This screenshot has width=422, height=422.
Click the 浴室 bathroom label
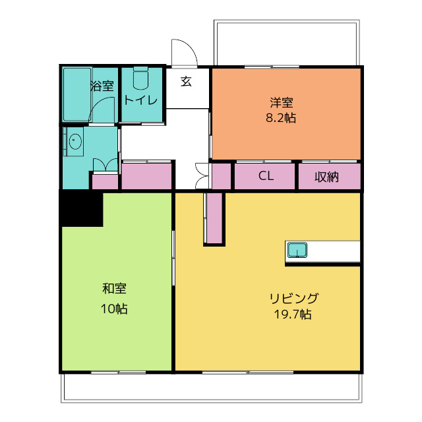coord(102,86)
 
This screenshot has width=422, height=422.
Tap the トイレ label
coord(140,100)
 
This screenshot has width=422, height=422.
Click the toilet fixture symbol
coord(140,78)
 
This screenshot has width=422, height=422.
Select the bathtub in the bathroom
coord(77,94)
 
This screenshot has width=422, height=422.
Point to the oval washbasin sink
coord(75,141)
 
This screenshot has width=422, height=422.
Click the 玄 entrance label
coord(186,81)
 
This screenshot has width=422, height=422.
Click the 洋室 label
coord(282,102)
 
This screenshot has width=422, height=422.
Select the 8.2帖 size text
coord(281,118)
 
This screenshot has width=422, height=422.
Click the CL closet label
coord(266,176)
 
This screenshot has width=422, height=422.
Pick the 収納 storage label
coord(327,177)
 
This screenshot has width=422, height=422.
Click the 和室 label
coord(114,289)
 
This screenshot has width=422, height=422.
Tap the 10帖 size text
coord(114,309)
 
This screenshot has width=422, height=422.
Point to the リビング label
coord(294,298)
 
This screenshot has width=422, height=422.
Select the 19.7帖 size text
coord(293,314)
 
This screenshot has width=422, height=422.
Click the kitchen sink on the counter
coord(297,250)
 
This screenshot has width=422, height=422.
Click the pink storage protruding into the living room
coord(214,218)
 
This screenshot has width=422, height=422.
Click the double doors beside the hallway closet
coord(202,176)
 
